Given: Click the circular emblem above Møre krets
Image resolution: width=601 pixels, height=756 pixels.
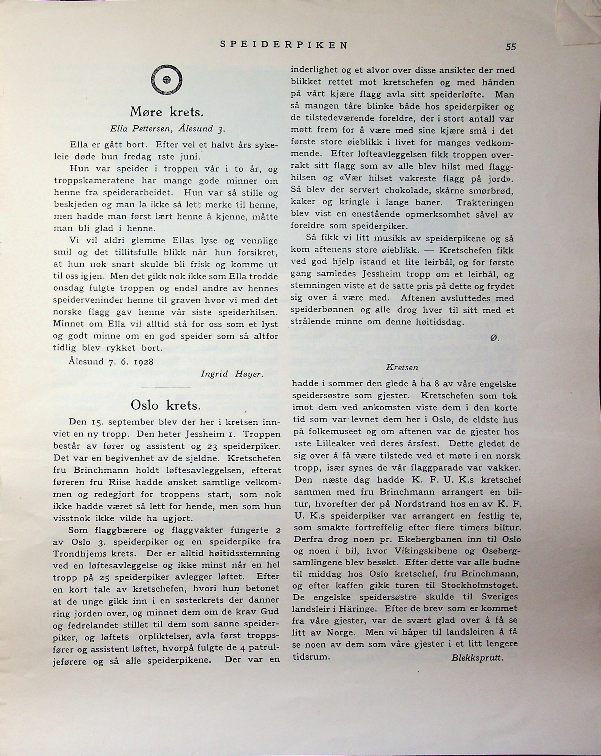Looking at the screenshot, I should point(167,80).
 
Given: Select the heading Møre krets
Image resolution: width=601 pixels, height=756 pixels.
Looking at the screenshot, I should point(167,112).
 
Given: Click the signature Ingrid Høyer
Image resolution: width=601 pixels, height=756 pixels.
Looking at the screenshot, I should point(232,374).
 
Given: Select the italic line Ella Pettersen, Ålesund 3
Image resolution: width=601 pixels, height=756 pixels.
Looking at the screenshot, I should point(167,129).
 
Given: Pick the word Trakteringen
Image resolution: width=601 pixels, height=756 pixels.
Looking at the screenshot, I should point(485,203).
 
